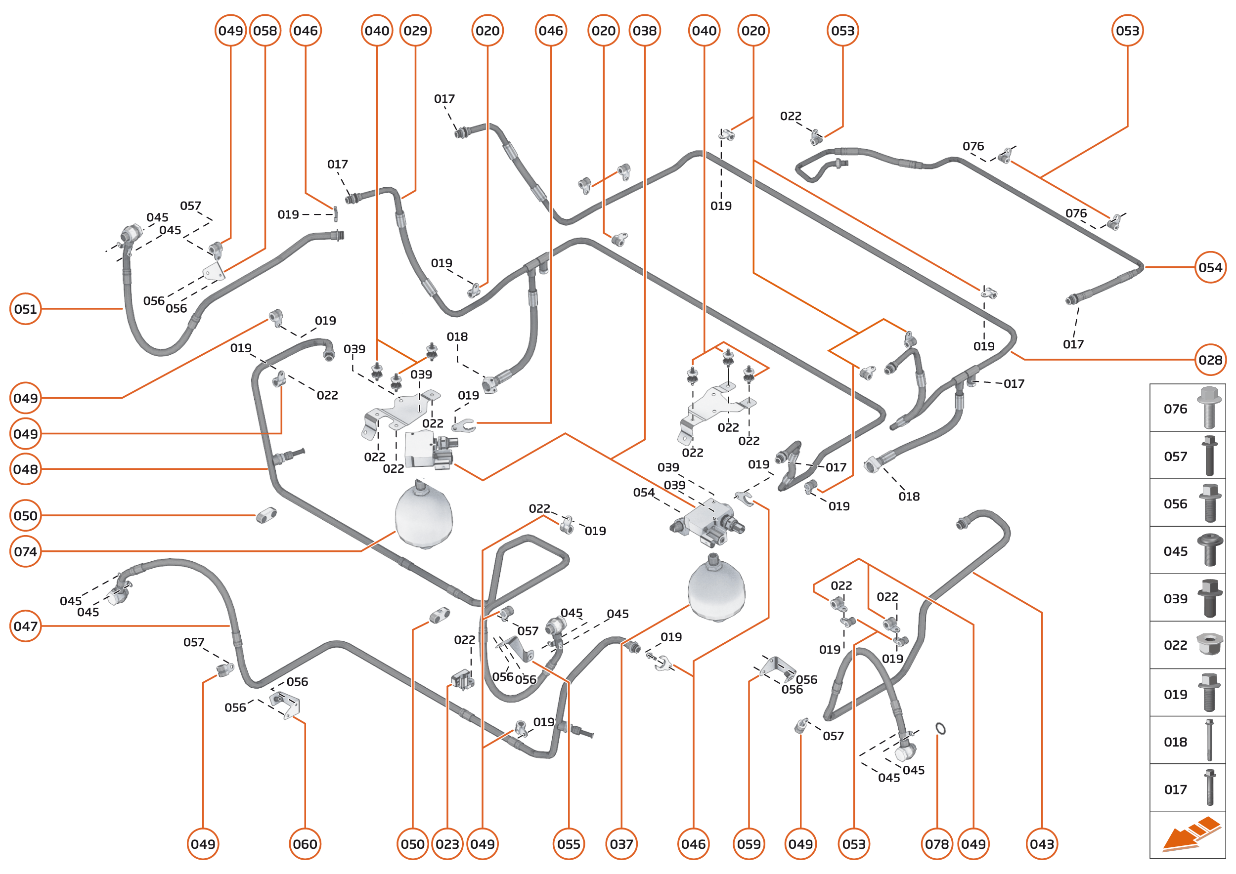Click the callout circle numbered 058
[x=265, y=31]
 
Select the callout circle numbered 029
[x=415, y=31]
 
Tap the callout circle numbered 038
[x=644, y=31]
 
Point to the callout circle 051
[x=25, y=309]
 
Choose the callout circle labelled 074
[x=25, y=552]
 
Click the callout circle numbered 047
[x=25, y=626]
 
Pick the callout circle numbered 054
[x=1210, y=267]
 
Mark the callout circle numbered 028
[x=1210, y=360]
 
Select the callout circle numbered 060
[x=305, y=844]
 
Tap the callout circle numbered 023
[x=447, y=844]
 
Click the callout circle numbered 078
[x=936, y=844]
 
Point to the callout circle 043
[x=1042, y=844]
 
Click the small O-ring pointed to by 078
[x=940, y=729]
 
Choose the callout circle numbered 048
[x=25, y=469]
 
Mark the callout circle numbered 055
[x=569, y=844]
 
